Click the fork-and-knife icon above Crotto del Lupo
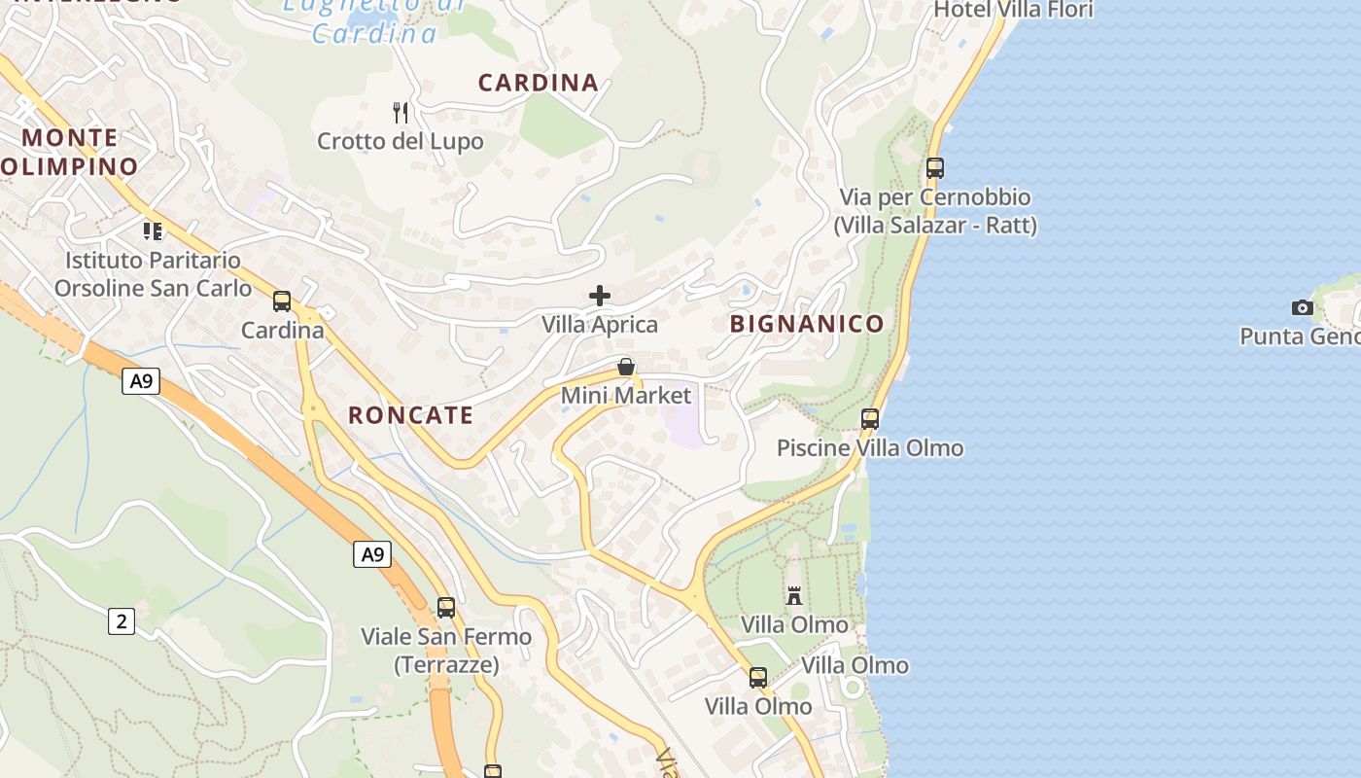tap(401, 113)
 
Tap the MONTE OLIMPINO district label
tap(70, 152)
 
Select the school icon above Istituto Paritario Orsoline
tap(153, 230)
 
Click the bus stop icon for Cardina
tap(282, 301)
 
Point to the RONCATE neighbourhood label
tap(411, 415)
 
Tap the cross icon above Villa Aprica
tap(600, 296)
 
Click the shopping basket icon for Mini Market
tap(626, 367)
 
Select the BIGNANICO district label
tap(807, 324)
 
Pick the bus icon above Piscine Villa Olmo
tap(870, 419)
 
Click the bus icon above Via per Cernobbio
tap(935, 168)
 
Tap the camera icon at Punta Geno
tap(1302, 308)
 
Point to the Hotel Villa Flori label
tap(1013, 10)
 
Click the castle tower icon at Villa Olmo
tap(794, 595)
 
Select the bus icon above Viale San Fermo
tap(446, 608)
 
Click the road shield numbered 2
tap(122, 620)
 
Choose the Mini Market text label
tap(626, 396)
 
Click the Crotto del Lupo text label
tap(401, 142)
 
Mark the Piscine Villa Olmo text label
tap(870, 448)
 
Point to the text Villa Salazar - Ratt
tap(935, 226)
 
